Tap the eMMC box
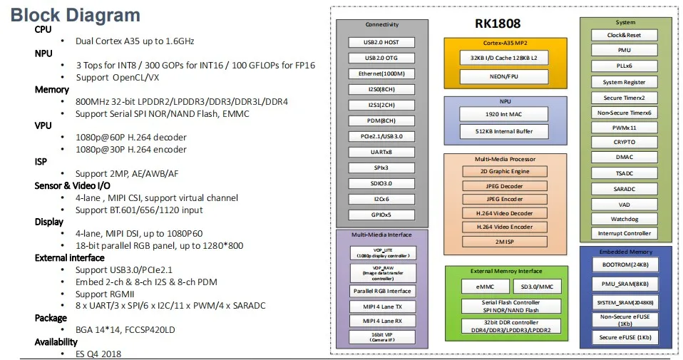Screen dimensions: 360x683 pyautogui.click(x=476, y=287)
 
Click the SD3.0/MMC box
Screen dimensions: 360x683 pyautogui.click(x=535, y=287)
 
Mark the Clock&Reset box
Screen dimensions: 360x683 pyautogui.click(x=624, y=35)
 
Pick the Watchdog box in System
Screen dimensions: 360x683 pyautogui.click(x=624, y=218)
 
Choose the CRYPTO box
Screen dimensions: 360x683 pyautogui.click(x=624, y=142)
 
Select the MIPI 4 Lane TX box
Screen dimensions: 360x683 pyautogui.click(x=382, y=307)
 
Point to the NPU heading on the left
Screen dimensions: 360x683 pyautogui.click(x=43, y=53)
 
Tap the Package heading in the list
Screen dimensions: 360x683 pyautogui.click(x=51, y=318)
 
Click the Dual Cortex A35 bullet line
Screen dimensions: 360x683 pyautogui.click(x=135, y=41)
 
